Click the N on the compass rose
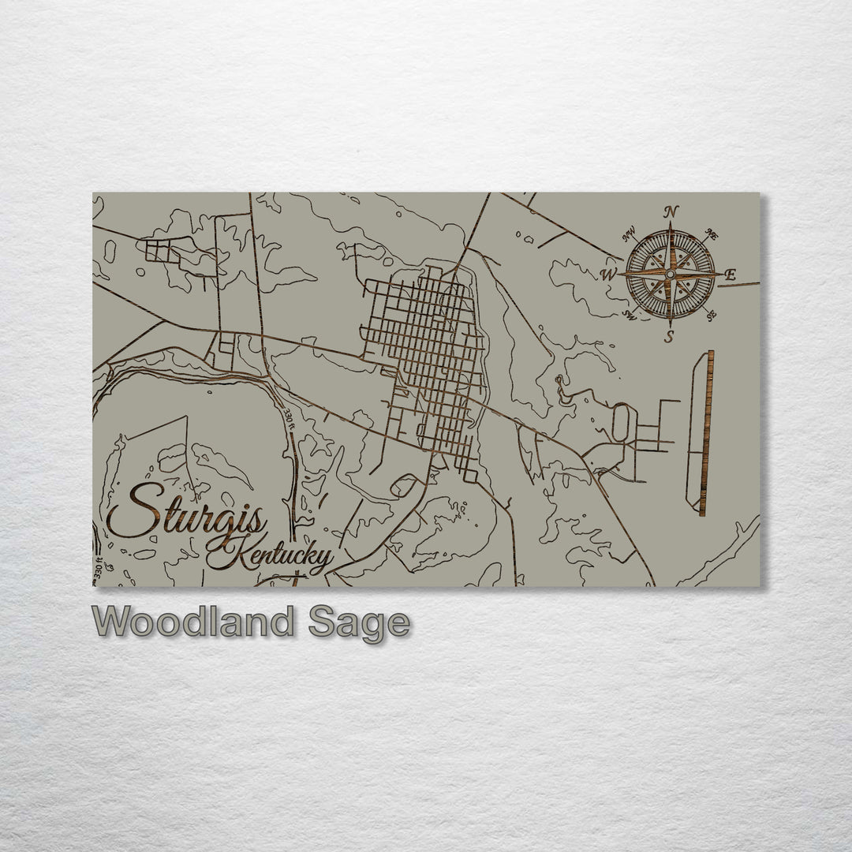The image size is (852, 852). pyautogui.click(x=671, y=211)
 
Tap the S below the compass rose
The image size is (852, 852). pyautogui.click(x=669, y=338)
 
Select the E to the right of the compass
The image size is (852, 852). pyautogui.click(x=730, y=275)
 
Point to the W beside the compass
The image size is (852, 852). pyautogui.click(x=608, y=275)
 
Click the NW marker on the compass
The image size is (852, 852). pyautogui.click(x=630, y=234)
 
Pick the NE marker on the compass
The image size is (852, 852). pyautogui.click(x=710, y=234)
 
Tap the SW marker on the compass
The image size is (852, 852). pyautogui.click(x=630, y=316)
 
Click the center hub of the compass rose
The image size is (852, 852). pyautogui.click(x=669, y=275)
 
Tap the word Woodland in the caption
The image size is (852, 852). pyautogui.click(x=192, y=622)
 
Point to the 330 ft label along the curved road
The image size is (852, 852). pyautogui.click(x=289, y=410)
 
